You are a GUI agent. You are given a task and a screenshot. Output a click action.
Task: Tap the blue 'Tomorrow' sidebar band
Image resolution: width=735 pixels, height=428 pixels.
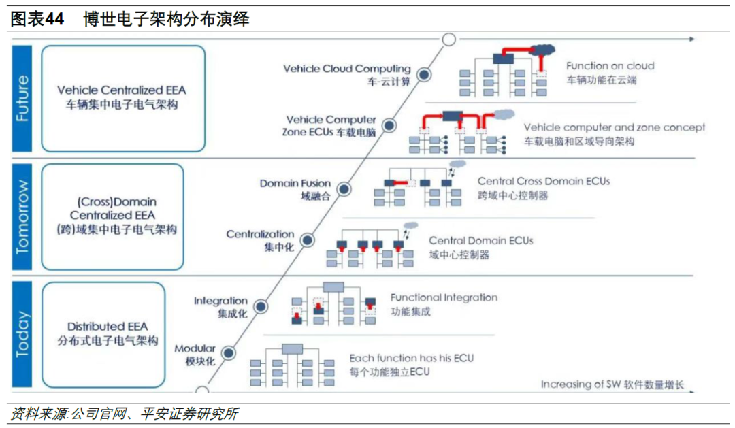coord(22,216)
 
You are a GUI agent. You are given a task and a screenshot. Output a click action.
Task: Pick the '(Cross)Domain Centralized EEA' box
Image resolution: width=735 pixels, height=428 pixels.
coord(112,216)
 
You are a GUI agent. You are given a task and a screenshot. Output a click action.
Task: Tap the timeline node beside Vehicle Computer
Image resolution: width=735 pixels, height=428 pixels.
coord(389,126)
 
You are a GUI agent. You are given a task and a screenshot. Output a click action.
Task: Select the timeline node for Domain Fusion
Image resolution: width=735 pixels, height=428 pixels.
coord(344,190)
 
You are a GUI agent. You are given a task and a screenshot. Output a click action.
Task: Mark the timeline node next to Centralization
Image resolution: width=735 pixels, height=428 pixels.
coord(308,240)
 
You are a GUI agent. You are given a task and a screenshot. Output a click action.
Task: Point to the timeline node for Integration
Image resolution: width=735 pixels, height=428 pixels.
coord(261,307)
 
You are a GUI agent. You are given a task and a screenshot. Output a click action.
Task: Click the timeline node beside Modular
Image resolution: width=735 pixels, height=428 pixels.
coord(228,353)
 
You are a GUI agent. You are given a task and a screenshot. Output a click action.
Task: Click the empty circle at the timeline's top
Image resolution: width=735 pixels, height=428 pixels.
coord(448,39)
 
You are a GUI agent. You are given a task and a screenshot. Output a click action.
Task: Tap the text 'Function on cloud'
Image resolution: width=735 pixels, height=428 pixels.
coord(610,66)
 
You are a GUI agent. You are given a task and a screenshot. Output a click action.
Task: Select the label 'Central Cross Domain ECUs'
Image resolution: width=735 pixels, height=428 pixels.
coord(544,181)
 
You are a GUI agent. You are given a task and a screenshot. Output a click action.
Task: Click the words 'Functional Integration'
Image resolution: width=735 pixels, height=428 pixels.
coord(444,297)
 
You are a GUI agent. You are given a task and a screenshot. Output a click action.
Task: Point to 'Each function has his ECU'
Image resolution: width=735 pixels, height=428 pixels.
coord(411,358)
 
